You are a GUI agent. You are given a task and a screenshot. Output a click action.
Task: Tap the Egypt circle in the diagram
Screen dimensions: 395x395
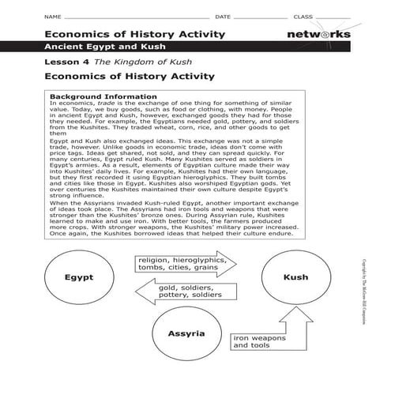79,278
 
